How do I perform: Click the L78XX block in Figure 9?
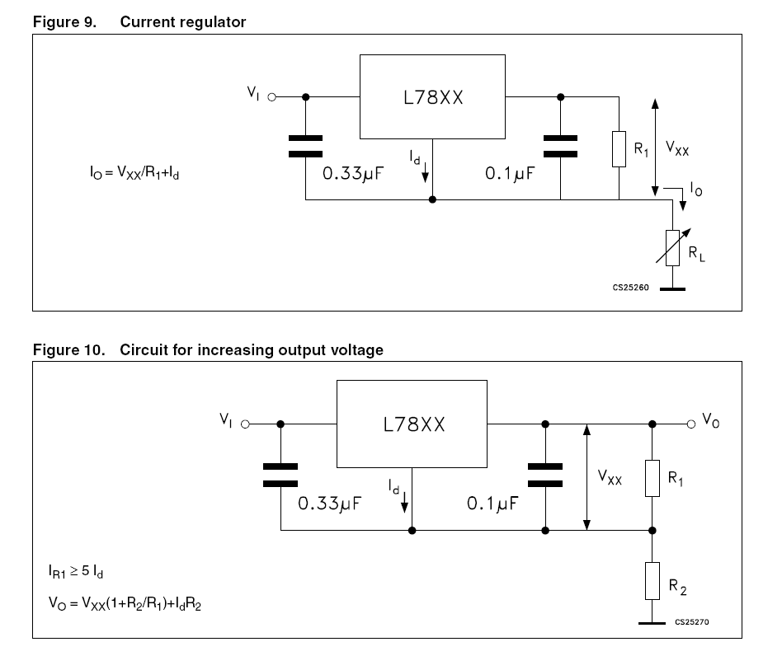432,96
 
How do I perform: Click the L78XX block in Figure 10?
414,424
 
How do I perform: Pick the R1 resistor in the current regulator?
618,148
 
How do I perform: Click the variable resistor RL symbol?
672,249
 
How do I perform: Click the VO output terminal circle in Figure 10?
690,424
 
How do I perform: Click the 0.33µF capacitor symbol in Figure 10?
280,476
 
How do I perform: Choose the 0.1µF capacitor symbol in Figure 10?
544,476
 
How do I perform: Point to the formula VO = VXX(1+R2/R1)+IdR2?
125,605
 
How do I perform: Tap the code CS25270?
692,623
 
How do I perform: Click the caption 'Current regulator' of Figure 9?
182,22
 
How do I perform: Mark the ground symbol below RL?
672,289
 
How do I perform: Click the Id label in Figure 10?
395,488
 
